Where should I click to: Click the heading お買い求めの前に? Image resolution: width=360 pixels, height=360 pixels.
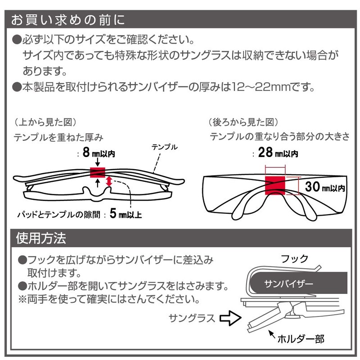pos(68,20)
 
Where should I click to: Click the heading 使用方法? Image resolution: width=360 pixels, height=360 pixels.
pos(41,238)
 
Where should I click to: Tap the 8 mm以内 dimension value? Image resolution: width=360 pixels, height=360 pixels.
pos(99,153)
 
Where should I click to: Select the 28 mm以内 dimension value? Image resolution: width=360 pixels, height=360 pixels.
pos(278,153)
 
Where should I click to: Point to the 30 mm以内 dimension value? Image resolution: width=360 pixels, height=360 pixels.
pos(325,186)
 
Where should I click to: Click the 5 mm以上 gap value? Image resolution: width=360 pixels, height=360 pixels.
pos(126,213)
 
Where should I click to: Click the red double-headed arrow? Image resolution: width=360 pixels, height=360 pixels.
pos(109,181)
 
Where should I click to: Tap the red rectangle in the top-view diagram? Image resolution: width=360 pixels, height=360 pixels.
pos(98,172)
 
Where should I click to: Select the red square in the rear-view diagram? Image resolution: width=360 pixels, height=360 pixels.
pos(275,185)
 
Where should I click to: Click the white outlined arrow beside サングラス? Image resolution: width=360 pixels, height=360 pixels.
pos(230,318)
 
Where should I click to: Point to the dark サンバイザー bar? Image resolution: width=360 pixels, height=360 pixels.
pos(298,283)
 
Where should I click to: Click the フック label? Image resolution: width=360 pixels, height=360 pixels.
pos(295,259)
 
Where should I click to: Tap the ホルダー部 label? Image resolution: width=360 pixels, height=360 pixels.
pos(301,339)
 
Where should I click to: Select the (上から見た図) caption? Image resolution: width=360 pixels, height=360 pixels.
pos(45,122)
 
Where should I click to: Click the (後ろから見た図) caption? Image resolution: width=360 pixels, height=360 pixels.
pos(243,122)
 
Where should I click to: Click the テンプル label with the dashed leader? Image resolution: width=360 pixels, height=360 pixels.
pos(165,147)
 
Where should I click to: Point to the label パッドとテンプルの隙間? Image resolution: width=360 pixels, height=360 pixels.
pos(59,215)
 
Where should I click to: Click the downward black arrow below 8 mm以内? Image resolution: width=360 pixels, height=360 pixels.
pos(98,162)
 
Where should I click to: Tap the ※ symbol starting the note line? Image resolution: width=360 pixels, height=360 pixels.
pos(23,299)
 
